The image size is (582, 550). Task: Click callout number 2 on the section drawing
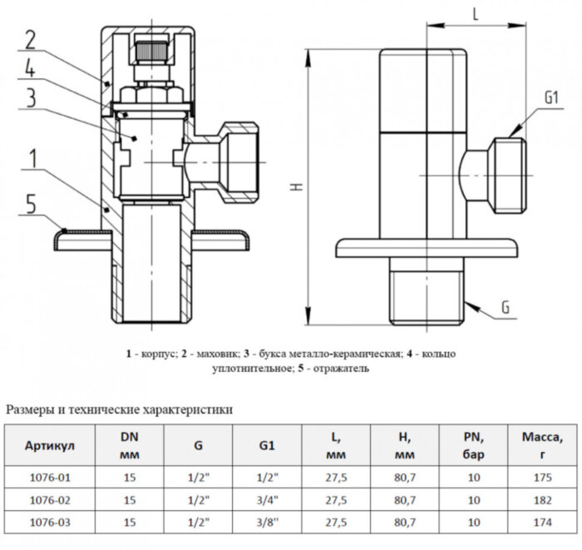click(30, 39)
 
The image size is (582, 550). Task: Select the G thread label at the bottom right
click(505, 309)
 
